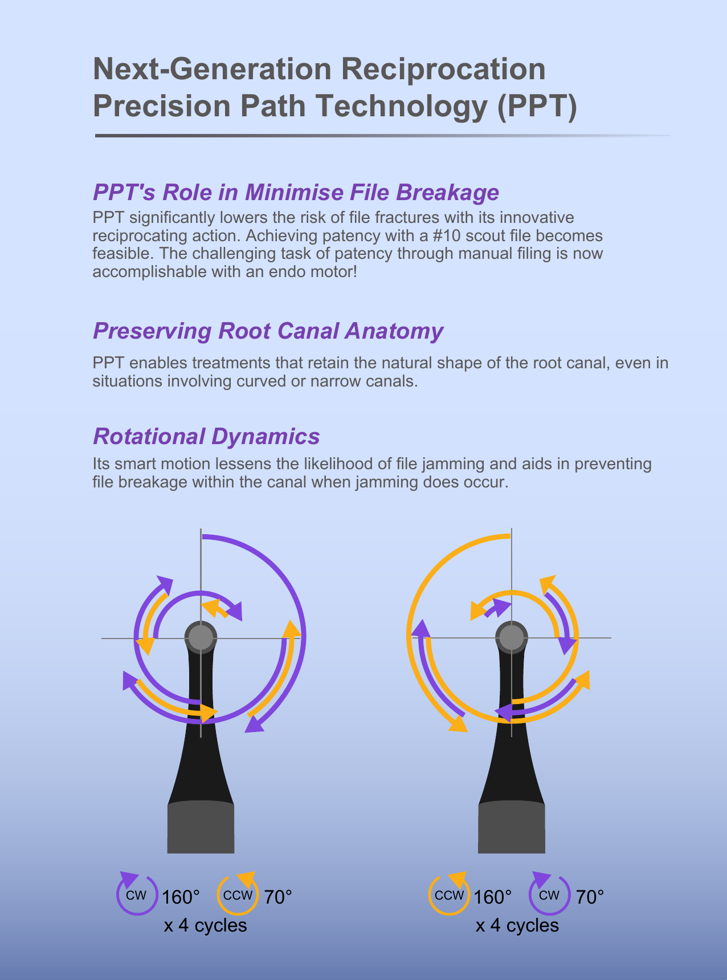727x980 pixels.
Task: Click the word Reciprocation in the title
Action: click(443, 69)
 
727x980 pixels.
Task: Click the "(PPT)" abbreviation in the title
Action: click(538, 106)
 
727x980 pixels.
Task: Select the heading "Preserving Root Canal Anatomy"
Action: click(268, 331)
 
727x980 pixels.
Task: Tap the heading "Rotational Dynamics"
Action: click(206, 436)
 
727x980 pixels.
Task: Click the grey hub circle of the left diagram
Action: click(201, 637)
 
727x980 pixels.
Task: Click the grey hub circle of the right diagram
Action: click(512, 637)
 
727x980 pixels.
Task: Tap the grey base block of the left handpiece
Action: click(201, 827)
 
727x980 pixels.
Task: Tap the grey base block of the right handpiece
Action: click(512, 827)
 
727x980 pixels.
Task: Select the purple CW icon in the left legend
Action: click(136, 893)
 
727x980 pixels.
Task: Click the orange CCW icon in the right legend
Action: click(449, 893)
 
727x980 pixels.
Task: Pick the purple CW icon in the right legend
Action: click(549, 893)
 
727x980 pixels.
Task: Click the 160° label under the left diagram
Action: click(181, 897)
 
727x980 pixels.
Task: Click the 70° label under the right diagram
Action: click(590, 897)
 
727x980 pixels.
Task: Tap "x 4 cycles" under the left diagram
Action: click(205, 925)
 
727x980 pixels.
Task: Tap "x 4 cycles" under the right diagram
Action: click(517, 925)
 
